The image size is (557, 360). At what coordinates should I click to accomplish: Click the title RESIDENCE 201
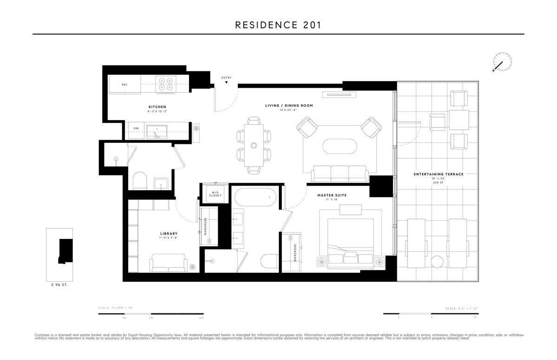coord(278,25)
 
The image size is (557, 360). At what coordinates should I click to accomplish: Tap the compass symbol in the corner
coord(502,62)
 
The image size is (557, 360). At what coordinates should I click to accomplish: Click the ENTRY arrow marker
coord(227,83)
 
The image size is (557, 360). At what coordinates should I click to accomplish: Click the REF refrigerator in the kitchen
coord(124,85)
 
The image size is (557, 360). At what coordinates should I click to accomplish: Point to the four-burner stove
coord(166,84)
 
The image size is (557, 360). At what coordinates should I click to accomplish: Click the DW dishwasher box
coord(136,129)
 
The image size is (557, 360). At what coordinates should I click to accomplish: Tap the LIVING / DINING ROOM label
coord(289,106)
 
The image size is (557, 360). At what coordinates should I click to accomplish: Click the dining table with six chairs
coord(254,145)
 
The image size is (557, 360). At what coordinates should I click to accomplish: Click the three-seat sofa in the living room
coord(339,174)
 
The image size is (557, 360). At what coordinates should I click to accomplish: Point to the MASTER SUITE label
coord(332,195)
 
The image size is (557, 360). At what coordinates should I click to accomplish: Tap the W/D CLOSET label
coord(215,194)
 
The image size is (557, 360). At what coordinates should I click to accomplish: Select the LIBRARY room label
coord(168,234)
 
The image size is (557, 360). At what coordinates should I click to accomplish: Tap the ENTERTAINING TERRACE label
coord(438,174)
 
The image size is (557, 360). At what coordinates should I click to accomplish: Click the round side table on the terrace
coord(438,262)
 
